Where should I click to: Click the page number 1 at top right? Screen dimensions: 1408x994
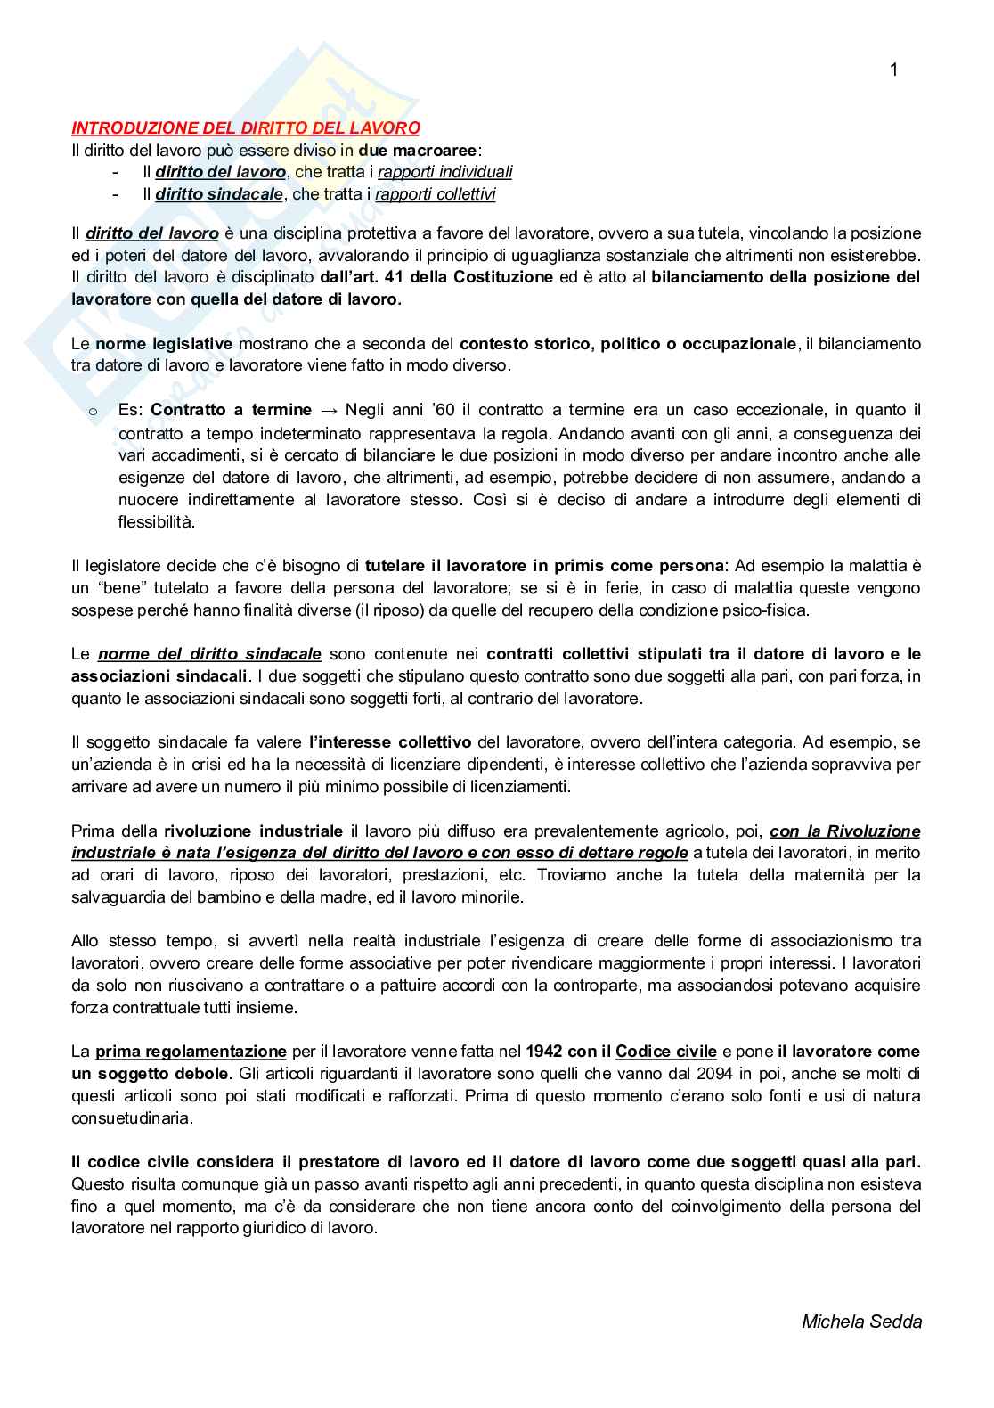893,70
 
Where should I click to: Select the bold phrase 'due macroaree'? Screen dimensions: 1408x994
418,150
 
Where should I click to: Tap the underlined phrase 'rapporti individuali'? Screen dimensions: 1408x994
444,172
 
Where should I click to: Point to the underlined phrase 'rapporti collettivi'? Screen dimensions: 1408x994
436,194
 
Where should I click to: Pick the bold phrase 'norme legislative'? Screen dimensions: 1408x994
164,343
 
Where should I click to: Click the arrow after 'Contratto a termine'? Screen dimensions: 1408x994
329,411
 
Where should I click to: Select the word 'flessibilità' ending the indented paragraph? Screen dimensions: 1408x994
156,522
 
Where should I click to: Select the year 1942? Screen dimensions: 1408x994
545,1052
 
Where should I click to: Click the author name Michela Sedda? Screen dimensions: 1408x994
861,1322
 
